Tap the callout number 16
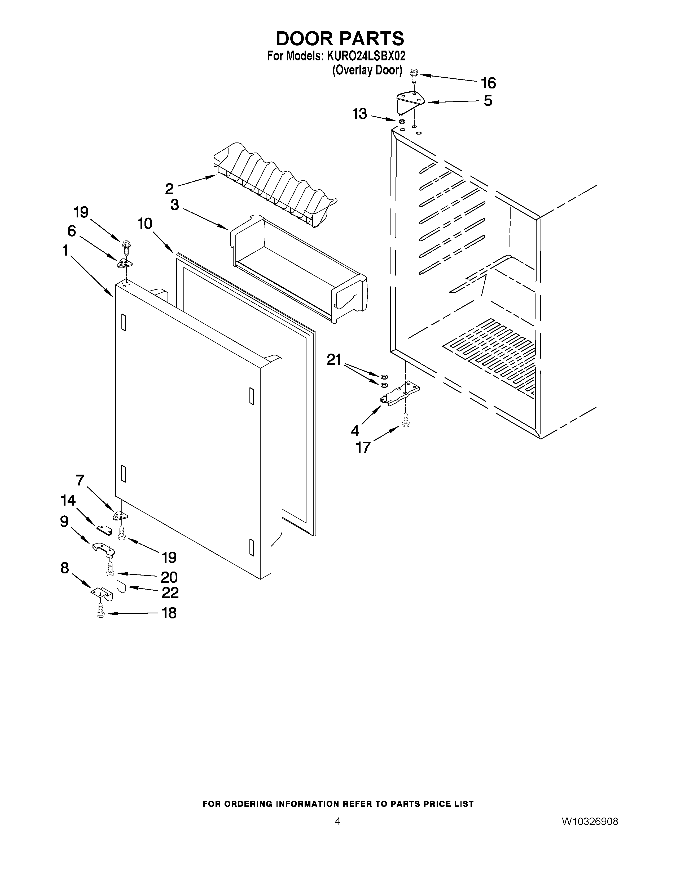488,83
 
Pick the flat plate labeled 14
104,530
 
